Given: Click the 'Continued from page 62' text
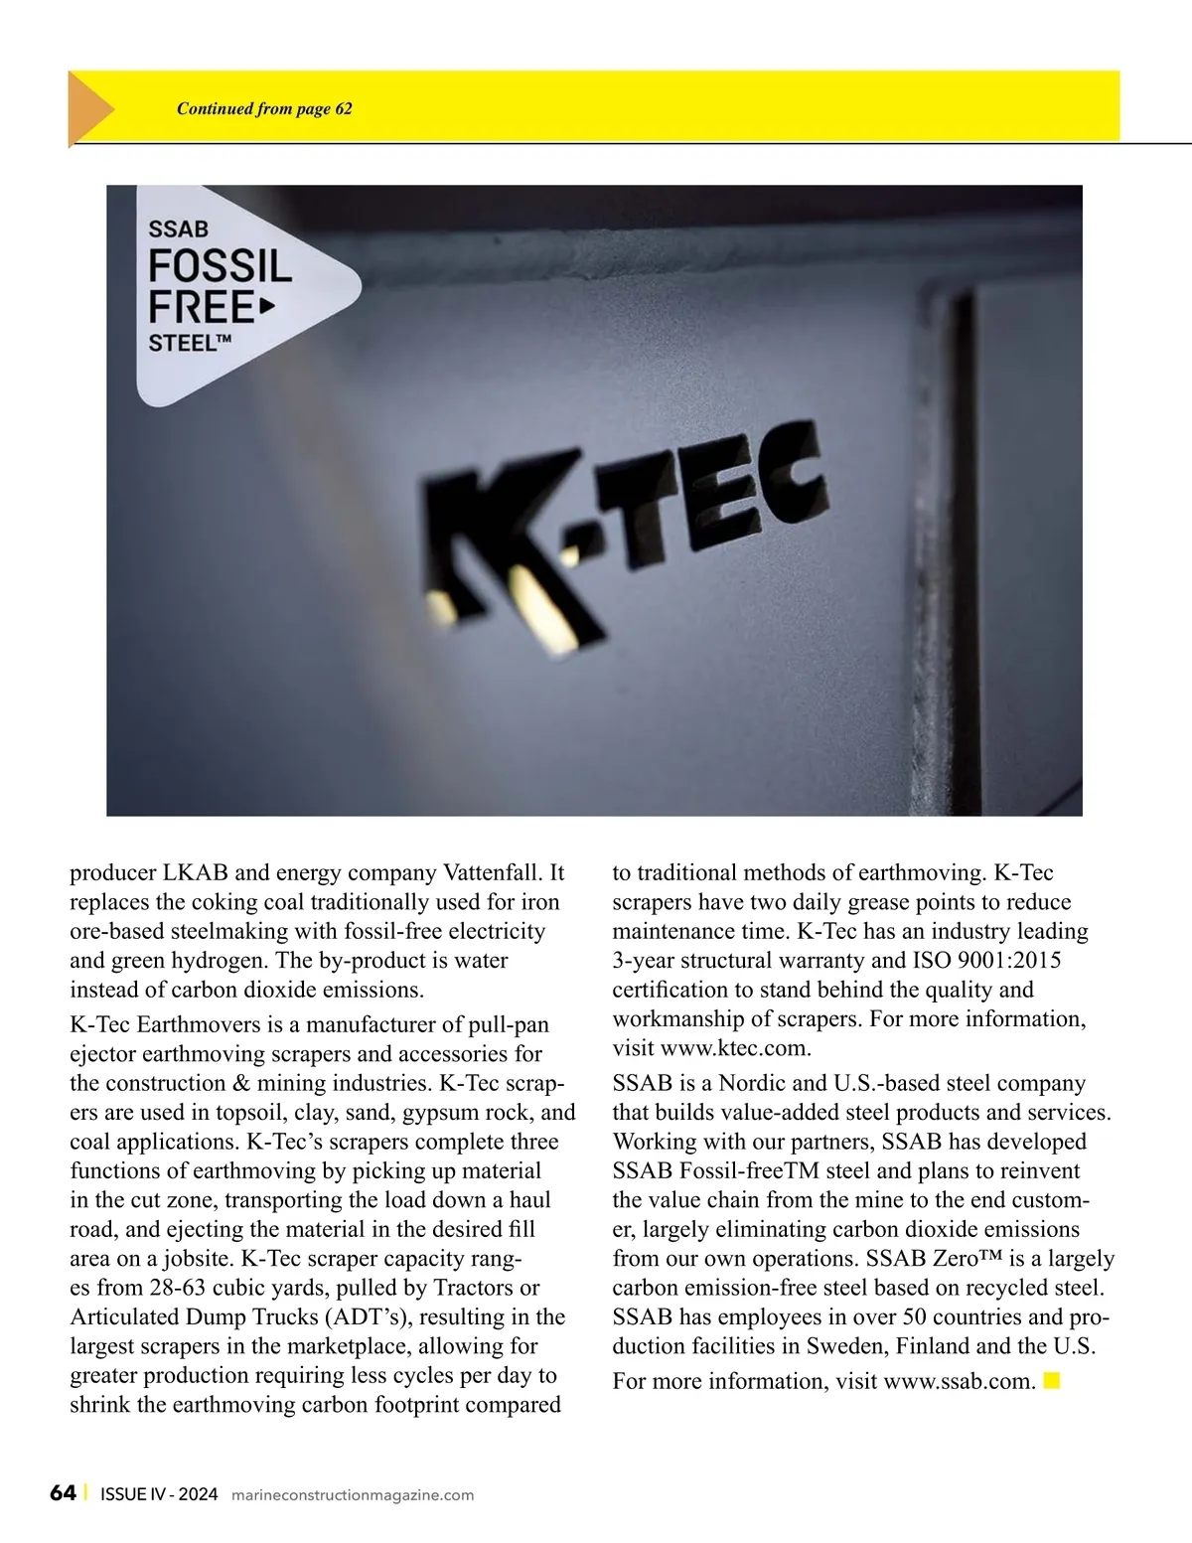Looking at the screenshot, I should point(264,109).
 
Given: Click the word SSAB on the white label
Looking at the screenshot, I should point(179,230).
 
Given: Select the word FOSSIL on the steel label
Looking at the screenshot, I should point(221,266).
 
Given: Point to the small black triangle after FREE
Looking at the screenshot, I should point(266,307).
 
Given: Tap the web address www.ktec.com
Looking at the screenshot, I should point(735,1048).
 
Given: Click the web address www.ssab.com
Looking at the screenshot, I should point(959,1382).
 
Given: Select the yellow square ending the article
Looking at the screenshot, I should point(1052,1380).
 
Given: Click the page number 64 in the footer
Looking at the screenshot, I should point(63,1493).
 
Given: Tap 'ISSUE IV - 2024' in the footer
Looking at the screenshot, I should point(159,1494).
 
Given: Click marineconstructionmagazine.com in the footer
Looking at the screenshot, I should point(352,1495).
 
